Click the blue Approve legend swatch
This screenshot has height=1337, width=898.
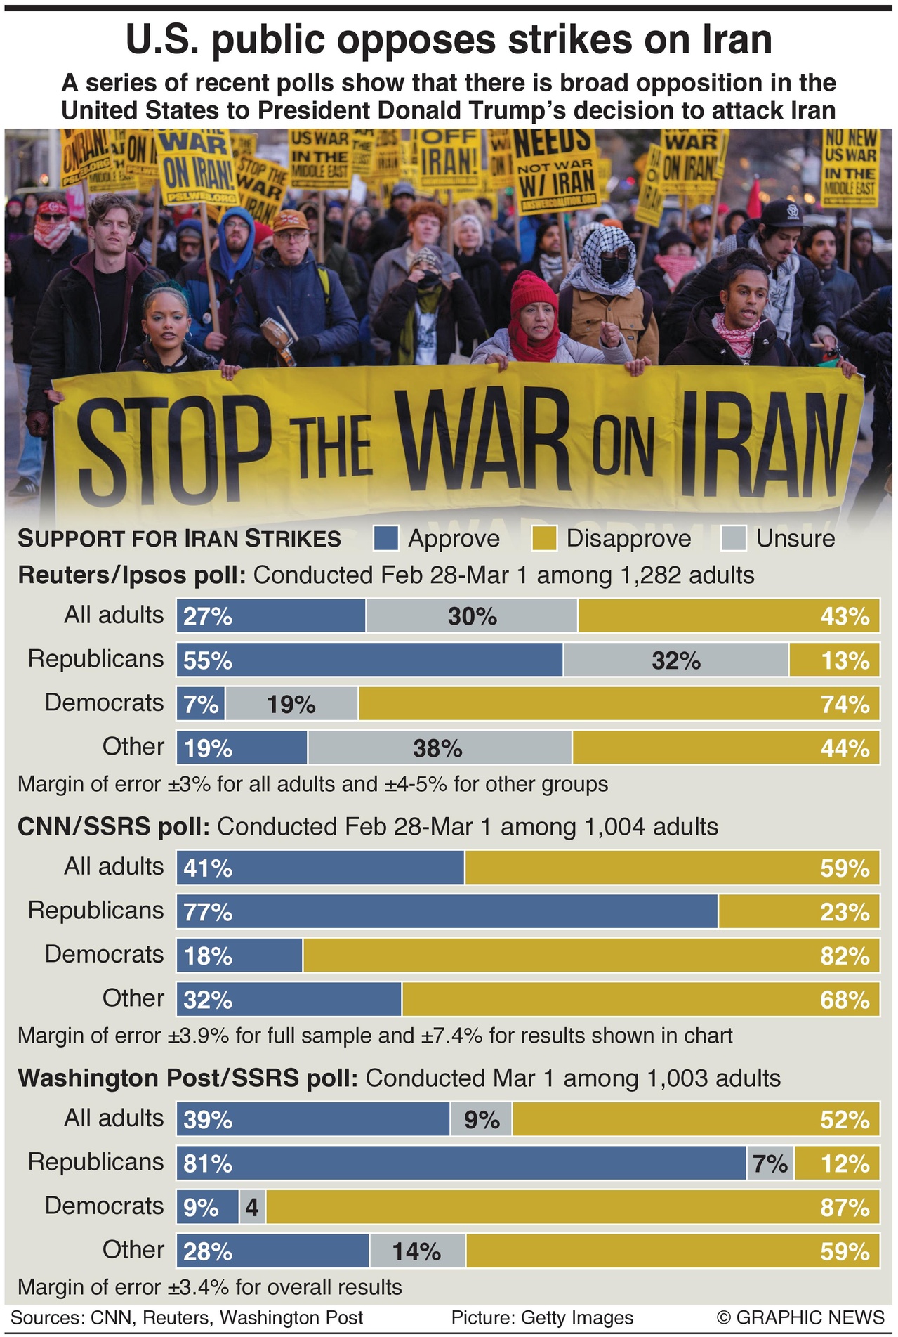coord(386,539)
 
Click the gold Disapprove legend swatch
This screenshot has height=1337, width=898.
coord(544,539)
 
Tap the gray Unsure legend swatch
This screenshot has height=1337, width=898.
coord(734,539)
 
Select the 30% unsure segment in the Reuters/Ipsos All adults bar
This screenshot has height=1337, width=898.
coord(472,616)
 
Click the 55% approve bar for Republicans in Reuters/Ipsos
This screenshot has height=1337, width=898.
coord(369,660)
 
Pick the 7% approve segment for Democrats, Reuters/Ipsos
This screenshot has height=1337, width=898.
coord(201,704)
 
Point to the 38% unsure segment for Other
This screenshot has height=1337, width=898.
coord(439,748)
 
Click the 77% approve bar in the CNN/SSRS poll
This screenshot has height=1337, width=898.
coord(447,912)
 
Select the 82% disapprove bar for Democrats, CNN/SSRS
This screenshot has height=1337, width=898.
coord(590,956)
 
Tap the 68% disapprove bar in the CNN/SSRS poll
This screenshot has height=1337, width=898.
coord(640,1000)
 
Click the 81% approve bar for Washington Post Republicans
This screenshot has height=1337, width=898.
coord(461,1163)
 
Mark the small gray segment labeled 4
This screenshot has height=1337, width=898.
coord(252,1207)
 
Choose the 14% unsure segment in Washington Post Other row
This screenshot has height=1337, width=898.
coord(417,1251)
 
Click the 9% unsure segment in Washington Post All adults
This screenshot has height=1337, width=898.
coord(481,1119)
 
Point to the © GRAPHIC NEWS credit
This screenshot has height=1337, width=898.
coord(800,1317)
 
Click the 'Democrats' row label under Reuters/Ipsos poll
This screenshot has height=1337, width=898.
coord(104,703)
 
